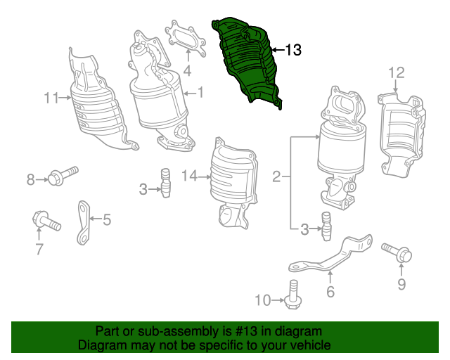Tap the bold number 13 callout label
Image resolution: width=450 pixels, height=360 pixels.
pyautogui.click(x=292, y=50)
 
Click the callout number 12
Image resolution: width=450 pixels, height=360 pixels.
pyautogui.click(x=397, y=72)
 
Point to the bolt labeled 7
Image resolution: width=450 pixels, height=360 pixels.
pyautogui.click(x=46, y=221)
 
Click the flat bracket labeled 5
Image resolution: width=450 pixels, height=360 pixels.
pyautogui.click(x=84, y=223)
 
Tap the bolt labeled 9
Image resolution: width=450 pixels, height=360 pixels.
pyautogui.click(x=397, y=252)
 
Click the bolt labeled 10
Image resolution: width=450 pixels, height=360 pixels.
pyautogui.click(x=292, y=295)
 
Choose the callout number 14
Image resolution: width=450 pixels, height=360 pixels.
pyautogui.click(x=190, y=175)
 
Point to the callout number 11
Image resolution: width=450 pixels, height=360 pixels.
pyautogui.click(x=51, y=98)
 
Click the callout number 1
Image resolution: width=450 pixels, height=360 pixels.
pyautogui.click(x=200, y=92)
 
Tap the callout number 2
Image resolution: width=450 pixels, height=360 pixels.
pyautogui.click(x=276, y=176)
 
